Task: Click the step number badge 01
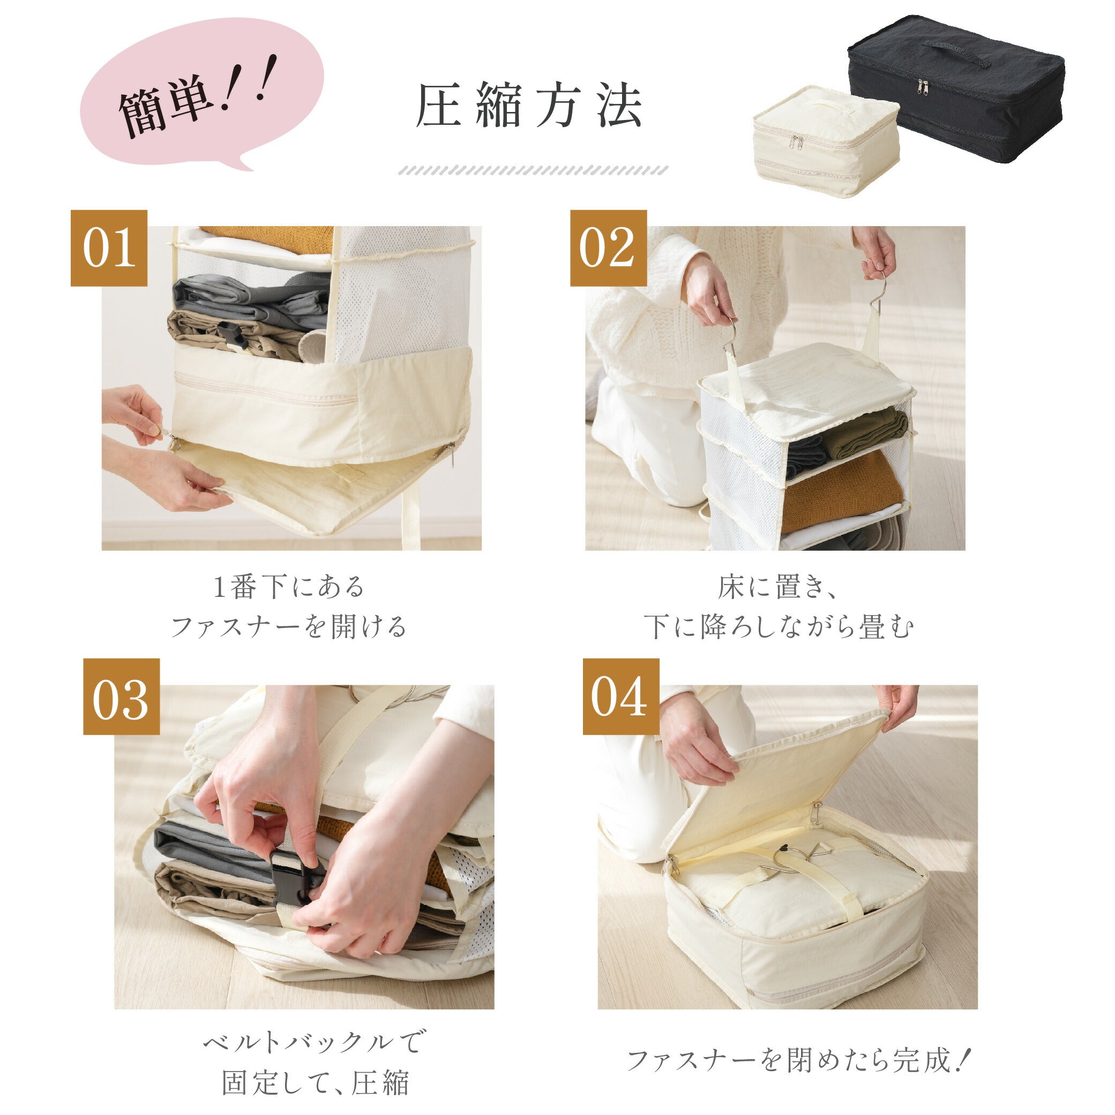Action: (109, 248)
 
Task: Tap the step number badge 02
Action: (608, 248)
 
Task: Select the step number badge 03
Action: (121, 697)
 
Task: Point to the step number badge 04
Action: (620, 697)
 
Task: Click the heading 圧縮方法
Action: (529, 106)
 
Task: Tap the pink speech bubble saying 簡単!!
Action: (202, 95)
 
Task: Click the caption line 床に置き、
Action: (776, 588)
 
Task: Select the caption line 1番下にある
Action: (289, 588)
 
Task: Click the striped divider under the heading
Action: (533, 170)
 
